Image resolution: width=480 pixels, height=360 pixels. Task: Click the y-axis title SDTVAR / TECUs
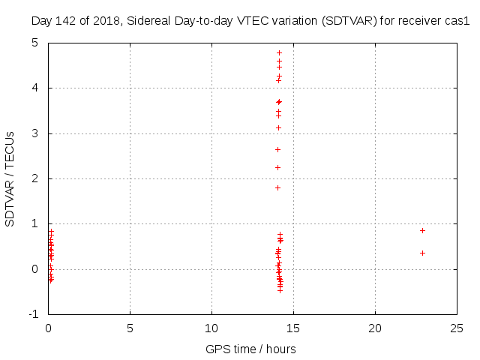click(x=10, y=179)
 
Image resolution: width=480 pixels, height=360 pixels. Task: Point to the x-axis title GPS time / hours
click(x=250, y=349)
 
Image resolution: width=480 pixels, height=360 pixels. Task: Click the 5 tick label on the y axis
click(x=35, y=43)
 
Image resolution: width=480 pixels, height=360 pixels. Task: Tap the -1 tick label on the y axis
click(x=33, y=314)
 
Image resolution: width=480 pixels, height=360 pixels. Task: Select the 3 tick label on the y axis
click(x=35, y=133)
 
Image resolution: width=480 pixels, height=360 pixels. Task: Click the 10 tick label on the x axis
click(x=211, y=328)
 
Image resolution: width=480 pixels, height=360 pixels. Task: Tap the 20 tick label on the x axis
click(x=375, y=328)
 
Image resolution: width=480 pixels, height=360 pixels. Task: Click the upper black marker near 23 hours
click(x=422, y=230)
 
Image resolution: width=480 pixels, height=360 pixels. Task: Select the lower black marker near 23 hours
click(x=422, y=253)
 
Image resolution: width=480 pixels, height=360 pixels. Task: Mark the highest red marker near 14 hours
click(x=279, y=52)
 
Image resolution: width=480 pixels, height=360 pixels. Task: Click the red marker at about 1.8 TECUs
click(x=277, y=187)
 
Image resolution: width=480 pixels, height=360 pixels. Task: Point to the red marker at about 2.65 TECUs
click(x=277, y=149)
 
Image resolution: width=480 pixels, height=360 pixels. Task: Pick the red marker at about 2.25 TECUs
click(x=277, y=167)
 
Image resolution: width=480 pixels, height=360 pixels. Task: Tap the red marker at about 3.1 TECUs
click(x=278, y=127)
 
